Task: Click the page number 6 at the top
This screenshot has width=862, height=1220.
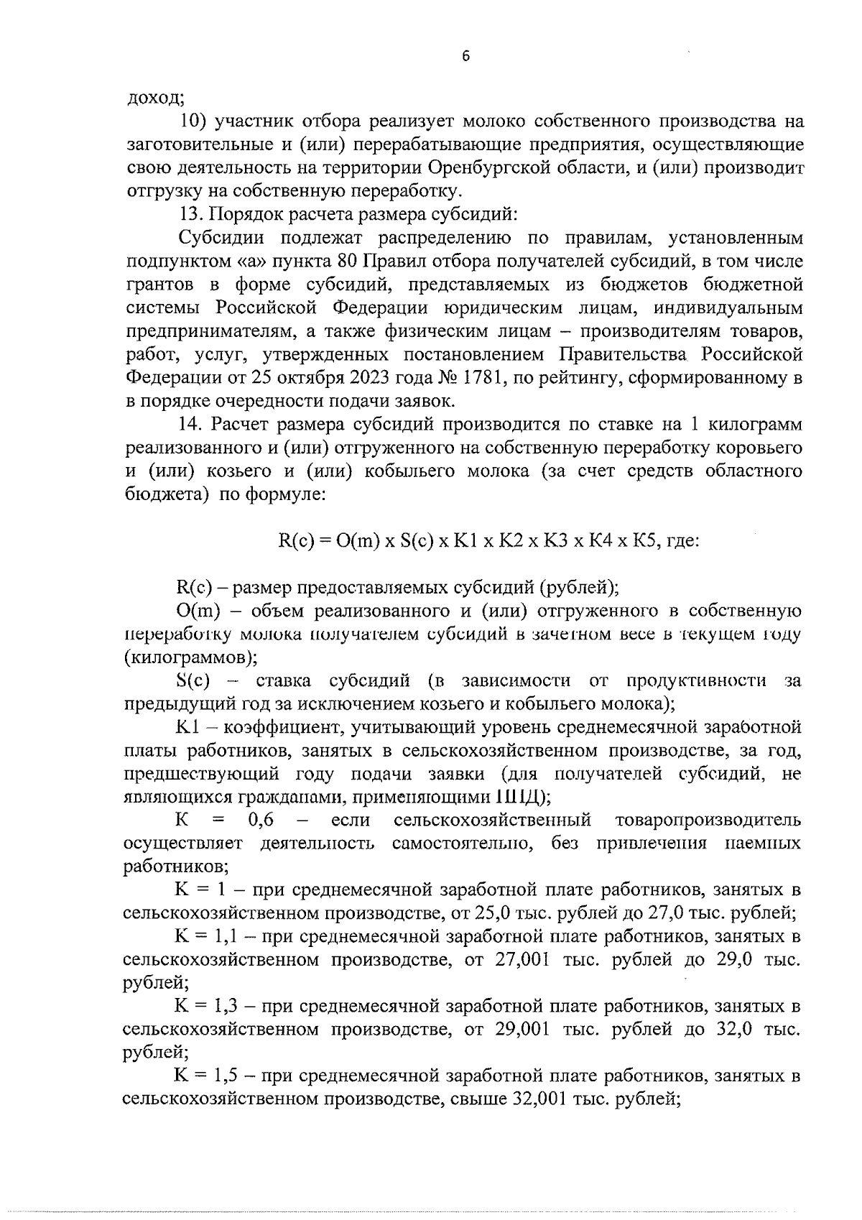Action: coord(465,57)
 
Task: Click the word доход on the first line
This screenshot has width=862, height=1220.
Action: coord(155,98)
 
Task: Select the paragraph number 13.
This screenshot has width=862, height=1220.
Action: coord(189,214)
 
